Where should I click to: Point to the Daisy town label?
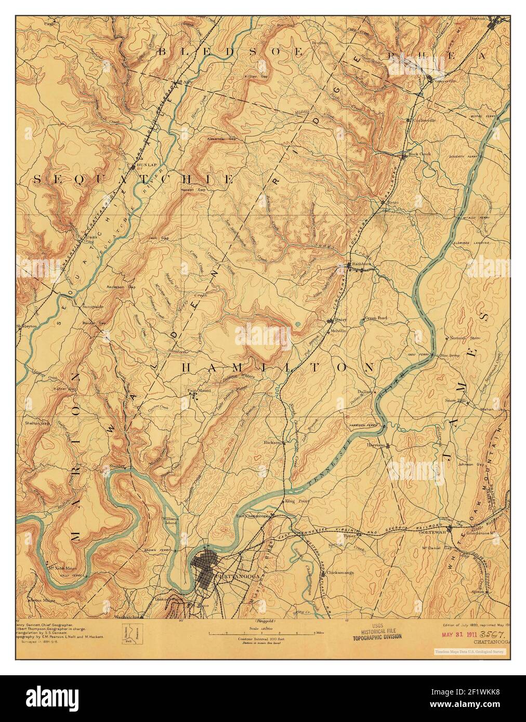[341, 319]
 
